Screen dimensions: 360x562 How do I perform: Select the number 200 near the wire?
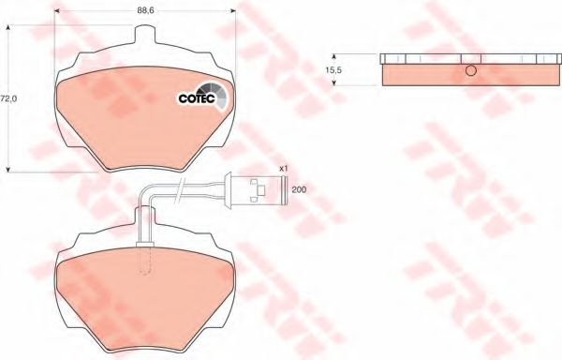pyautogui.click(x=299, y=190)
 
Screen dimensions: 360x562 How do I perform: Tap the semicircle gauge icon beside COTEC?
pyautogui.click(x=213, y=94)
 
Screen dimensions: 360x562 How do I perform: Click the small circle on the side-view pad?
pyautogui.click(x=471, y=73)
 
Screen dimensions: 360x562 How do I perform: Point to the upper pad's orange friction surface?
pyautogui.click(x=131, y=122)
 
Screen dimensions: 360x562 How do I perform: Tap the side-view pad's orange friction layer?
pyautogui.click(x=421, y=74)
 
